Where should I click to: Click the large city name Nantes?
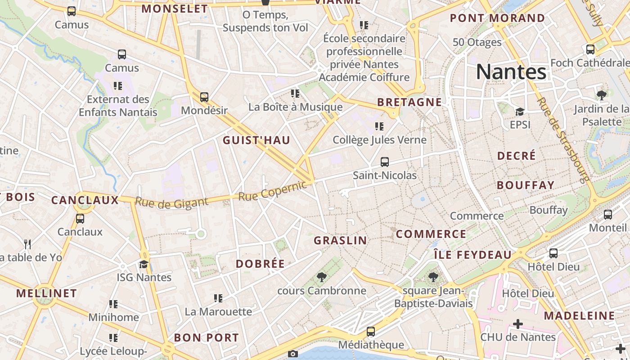(x=511, y=72)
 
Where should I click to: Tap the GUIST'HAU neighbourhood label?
(x=256, y=140)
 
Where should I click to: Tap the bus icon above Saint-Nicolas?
(x=384, y=162)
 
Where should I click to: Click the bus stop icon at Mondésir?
(x=204, y=97)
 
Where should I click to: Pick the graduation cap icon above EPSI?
(x=520, y=112)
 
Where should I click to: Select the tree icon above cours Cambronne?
(x=321, y=277)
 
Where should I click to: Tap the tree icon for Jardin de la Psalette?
(x=601, y=95)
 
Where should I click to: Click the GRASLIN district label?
(x=340, y=240)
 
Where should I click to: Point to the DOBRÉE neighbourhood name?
(x=260, y=264)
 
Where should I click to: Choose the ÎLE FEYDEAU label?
(x=472, y=255)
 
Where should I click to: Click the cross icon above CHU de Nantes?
(x=518, y=324)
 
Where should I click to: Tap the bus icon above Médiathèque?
(x=371, y=332)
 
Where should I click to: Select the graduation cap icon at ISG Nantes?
(x=144, y=264)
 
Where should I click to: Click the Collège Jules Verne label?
(x=379, y=140)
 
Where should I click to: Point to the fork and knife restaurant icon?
(x=28, y=244)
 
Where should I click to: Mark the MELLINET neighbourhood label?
(x=46, y=293)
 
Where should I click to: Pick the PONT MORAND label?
(x=497, y=18)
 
